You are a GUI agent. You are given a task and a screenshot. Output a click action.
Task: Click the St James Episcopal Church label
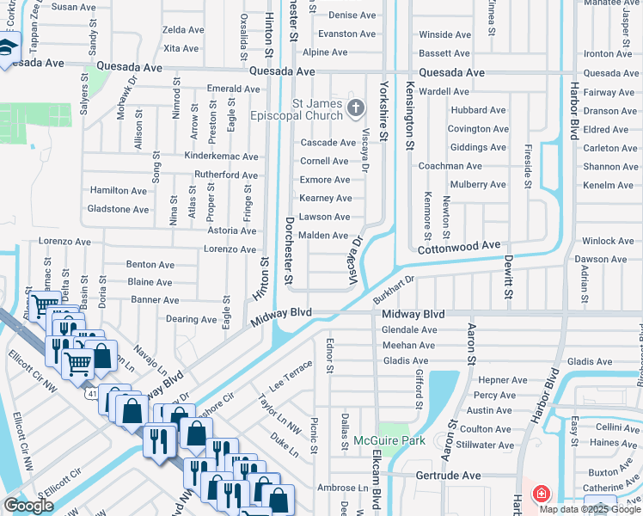coord(305,110)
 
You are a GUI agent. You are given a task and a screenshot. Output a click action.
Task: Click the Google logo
coord(28,506)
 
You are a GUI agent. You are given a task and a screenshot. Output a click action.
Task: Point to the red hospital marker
coord(542,494)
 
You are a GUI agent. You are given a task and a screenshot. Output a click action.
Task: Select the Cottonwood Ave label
coord(459,246)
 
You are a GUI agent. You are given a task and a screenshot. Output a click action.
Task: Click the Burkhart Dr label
coord(394,290)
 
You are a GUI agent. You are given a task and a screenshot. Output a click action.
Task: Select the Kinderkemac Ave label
coord(222,157)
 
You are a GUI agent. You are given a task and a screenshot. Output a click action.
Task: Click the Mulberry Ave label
coord(473,185)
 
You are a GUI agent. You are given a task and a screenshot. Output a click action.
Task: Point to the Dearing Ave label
coord(192,319)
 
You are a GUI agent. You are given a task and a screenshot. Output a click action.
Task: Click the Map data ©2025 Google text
coord(590,508)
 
